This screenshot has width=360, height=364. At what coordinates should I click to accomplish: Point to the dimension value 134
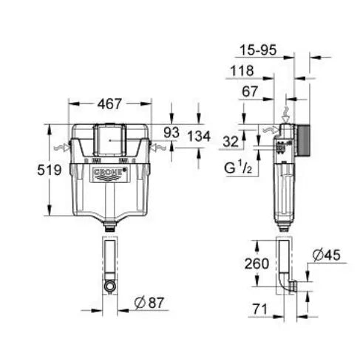(x=199, y=137)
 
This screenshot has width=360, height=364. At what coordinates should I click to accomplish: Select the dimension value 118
(x=240, y=71)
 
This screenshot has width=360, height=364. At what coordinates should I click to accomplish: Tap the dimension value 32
(x=231, y=141)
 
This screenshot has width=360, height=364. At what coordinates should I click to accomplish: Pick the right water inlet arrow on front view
(x=156, y=147)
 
